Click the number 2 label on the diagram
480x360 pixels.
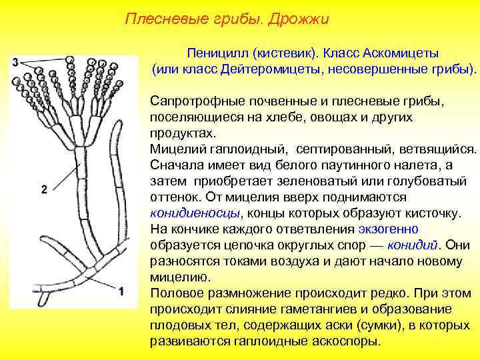(44, 189)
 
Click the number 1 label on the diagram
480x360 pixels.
(121, 291)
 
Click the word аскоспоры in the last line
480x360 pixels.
(346, 341)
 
